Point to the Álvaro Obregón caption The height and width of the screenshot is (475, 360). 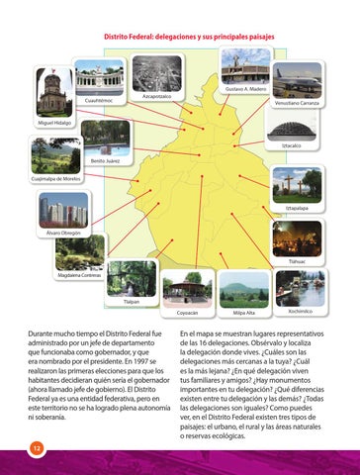tap(65, 233)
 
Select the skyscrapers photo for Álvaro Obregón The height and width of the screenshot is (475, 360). tap(64, 209)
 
